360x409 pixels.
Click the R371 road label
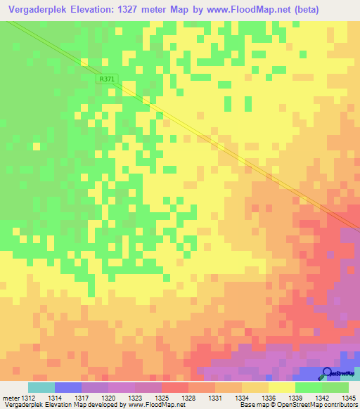(x=106, y=79)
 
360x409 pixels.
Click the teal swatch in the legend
(x=41, y=387)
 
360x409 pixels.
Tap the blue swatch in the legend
(x=68, y=387)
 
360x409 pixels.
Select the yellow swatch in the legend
(x=282, y=387)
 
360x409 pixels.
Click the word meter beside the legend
(x=12, y=398)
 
